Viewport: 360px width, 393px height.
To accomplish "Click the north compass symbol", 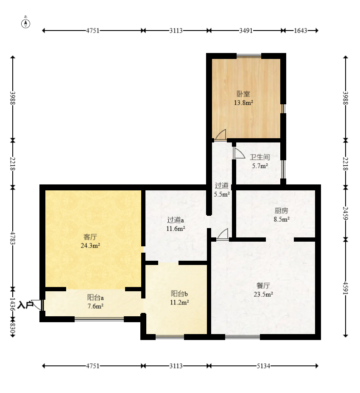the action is click(25, 22).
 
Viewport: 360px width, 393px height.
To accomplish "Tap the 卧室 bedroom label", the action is click(243, 94).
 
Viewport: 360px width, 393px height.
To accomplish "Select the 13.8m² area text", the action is click(243, 103).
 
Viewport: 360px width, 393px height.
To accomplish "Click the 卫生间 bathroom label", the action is click(260, 157).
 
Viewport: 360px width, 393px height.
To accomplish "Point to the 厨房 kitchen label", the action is click(281, 211).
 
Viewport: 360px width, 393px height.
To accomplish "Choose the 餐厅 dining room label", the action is click(263, 285).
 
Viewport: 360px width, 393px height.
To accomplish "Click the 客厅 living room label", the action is click(90, 237).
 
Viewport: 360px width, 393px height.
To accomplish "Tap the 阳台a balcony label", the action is click(95, 298).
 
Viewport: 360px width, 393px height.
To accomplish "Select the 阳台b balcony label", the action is click(179, 293).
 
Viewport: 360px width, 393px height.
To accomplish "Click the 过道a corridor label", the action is click(176, 220).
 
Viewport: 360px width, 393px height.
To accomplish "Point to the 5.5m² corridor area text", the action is click(222, 194).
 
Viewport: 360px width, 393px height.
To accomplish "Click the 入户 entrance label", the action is click(25, 305).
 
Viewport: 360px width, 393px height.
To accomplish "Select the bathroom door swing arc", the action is click(240, 152).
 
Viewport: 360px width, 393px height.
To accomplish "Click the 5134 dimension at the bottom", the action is click(263, 366).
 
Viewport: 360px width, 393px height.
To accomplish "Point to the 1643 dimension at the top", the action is click(300, 31).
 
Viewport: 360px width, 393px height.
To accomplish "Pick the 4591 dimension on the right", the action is click(346, 288).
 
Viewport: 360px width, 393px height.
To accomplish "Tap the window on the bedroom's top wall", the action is click(248, 56).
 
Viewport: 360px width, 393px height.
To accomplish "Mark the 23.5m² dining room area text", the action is click(263, 294).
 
